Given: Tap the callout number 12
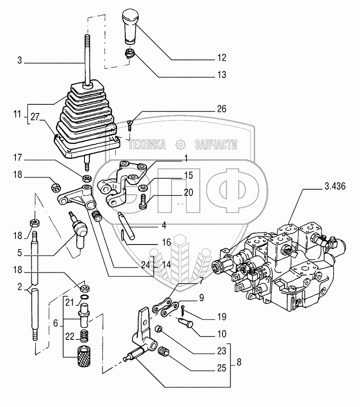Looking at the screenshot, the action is pos(222,58).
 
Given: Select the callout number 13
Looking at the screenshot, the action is pos(222,75).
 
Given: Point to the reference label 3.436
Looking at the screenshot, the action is pos(335,186).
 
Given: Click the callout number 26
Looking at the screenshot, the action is pos(222,109).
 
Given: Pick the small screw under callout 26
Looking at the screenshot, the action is pos(130,125).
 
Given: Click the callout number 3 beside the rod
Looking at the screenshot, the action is pos(20,60).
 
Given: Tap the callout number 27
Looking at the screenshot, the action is pos(35,117).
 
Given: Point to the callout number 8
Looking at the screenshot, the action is pos(239,362).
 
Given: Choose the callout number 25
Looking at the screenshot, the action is pos(222,368).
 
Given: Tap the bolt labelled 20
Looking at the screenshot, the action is pos(143,201).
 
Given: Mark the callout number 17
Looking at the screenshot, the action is pos(17,157).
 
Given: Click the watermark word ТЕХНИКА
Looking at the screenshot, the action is pos(147,145).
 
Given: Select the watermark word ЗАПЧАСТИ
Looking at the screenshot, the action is pos(216,145).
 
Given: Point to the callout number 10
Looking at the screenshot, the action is pos(222,334).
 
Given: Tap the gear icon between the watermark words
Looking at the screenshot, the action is pos(180,145).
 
